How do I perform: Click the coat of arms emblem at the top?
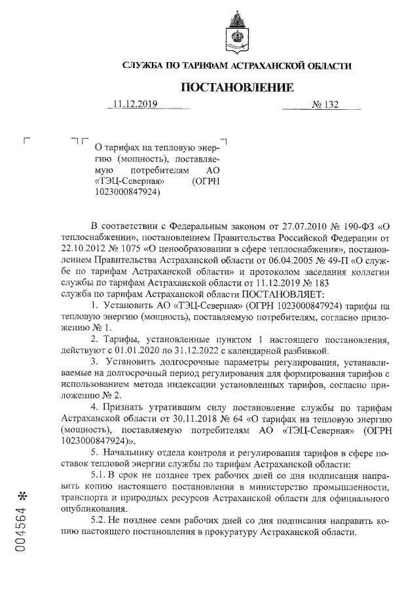pos(236,34)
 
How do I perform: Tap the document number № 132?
pos(326,104)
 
